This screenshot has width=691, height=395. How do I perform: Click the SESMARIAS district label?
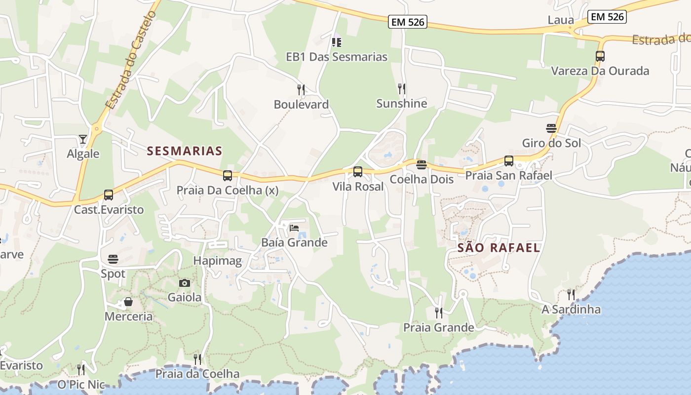pos(185,151)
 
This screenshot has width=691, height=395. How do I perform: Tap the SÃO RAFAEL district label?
pos(499,248)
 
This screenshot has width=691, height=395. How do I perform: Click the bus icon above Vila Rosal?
pos(358,172)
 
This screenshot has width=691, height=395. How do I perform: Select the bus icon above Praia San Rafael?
pos(509,161)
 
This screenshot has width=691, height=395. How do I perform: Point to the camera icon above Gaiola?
pos(185,283)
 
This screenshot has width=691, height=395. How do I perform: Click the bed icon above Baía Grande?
pos(294,228)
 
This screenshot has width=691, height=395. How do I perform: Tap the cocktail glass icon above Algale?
pos(83,139)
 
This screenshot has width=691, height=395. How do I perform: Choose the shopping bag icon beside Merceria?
pos(128,302)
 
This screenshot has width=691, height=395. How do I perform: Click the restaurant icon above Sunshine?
pos(402,89)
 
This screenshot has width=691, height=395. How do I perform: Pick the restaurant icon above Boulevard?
pos(301,90)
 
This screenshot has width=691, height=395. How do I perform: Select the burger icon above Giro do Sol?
pos(551,128)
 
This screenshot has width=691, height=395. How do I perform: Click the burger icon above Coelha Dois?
pos(422,164)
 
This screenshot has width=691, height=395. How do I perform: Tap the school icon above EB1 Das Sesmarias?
pos(337,42)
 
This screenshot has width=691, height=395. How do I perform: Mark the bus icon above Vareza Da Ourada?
pos(600,56)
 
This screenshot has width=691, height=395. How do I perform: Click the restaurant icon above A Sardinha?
pos(571,295)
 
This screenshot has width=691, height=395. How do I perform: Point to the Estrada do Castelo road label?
pos(131,59)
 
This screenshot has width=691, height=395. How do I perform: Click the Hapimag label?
pos(218,261)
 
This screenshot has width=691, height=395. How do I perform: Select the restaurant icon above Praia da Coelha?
pos(197,359)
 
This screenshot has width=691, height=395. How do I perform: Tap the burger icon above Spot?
pos(113,259)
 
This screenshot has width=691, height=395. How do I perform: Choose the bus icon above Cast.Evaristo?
pos(109,195)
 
